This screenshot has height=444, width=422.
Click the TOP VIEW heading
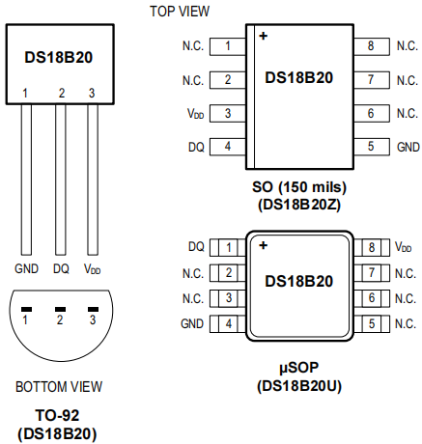(180, 12)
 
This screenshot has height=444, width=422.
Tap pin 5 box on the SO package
(372, 147)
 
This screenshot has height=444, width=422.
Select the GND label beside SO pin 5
(408, 147)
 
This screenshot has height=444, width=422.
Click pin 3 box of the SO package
(228, 113)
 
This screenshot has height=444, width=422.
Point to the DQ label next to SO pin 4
(196, 147)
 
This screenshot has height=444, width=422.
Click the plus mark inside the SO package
(264, 36)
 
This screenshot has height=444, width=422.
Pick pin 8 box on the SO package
(372, 46)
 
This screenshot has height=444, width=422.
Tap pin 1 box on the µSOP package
(228, 247)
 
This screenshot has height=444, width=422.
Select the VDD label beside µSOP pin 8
(403, 247)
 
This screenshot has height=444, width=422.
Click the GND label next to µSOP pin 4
(192, 323)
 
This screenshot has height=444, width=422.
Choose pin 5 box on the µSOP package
(372, 323)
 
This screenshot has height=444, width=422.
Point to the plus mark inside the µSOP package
(264, 245)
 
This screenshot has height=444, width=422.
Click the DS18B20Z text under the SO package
(299, 205)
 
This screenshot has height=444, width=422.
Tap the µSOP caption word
(299, 368)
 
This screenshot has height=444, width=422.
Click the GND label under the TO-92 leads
(26, 268)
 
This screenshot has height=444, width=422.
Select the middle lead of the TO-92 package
(60, 180)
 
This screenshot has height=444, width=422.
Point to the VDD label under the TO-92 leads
(93, 269)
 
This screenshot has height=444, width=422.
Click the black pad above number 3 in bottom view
(93, 309)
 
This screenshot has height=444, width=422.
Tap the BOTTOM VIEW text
(59, 387)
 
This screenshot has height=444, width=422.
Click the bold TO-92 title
(57, 415)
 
